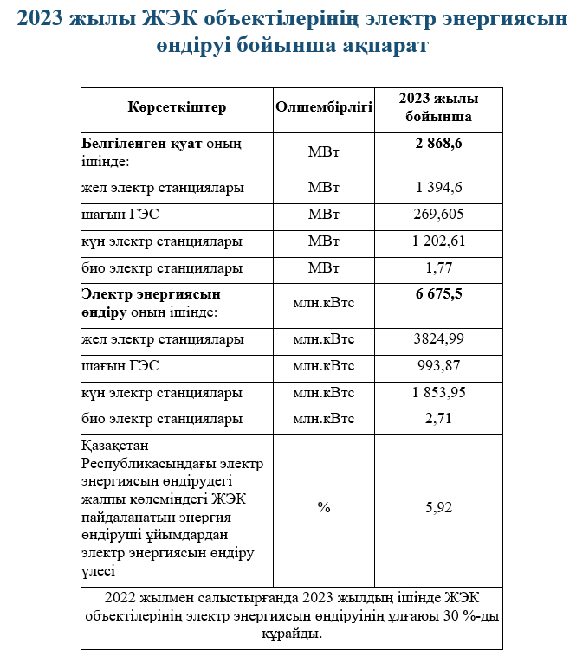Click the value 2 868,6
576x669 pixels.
point(439,143)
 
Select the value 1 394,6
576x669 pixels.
point(439,187)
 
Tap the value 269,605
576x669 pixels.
point(439,214)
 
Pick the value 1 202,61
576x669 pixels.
point(439,241)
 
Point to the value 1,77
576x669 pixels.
point(439,267)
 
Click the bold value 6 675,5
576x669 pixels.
point(439,293)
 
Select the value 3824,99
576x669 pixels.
point(439,338)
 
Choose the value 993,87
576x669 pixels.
point(439,365)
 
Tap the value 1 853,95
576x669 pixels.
point(439,392)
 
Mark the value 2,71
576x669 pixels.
point(439,419)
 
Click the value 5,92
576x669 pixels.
point(439,507)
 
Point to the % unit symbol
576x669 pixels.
point(324,507)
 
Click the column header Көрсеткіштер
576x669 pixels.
point(177,107)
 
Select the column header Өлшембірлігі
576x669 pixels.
point(324,107)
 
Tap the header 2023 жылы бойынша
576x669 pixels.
point(439,107)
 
